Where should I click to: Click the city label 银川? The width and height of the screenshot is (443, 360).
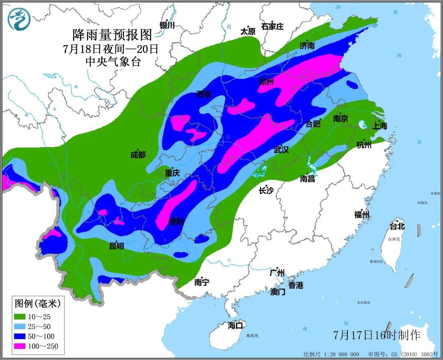(167, 25)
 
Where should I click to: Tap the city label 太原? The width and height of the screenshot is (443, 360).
(248, 31)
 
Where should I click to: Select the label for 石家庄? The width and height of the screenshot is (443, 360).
(272, 27)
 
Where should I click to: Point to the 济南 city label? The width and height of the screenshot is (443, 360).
(307, 46)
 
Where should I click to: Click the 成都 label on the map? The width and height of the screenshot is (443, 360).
(138, 155)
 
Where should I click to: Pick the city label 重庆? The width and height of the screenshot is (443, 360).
(172, 173)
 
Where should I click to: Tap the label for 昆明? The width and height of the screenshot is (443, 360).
(116, 246)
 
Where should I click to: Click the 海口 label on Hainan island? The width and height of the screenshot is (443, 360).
(235, 326)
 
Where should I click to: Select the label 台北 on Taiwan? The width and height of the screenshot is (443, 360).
(397, 226)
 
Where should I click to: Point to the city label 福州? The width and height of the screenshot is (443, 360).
(362, 215)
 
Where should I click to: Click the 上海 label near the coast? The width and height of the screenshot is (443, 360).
(379, 126)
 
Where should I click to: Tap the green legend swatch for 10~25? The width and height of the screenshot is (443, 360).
(20, 317)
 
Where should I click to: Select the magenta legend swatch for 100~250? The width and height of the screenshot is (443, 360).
(20, 346)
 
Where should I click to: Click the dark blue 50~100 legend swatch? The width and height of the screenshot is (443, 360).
(20, 336)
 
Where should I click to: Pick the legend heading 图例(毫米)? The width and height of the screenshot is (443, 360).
(38, 304)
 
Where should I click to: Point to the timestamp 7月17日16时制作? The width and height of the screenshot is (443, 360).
(377, 335)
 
